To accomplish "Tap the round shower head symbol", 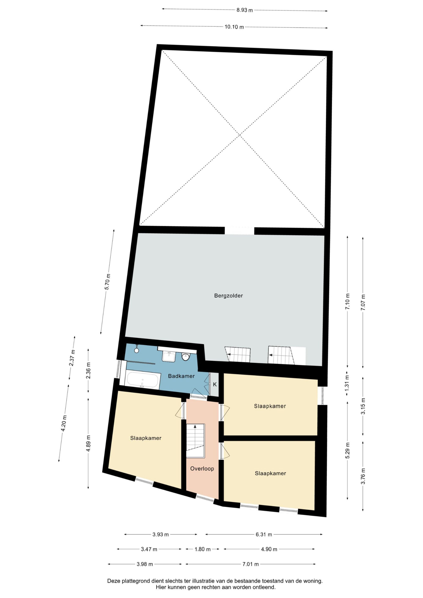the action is pyautogui.click(x=136, y=350).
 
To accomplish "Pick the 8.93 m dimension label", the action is pyautogui.click(x=244, y=10).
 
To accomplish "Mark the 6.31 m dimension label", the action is pyautogui.click(x=264, y=534).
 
